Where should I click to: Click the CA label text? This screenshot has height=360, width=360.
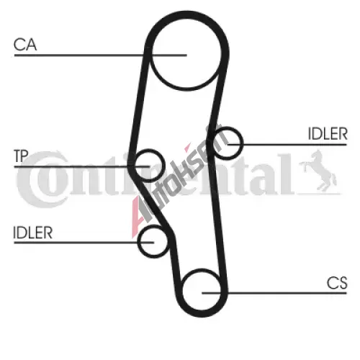point(25,45)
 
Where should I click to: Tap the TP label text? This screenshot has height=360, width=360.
point(21,156)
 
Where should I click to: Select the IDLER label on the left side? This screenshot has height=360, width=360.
point(32,233)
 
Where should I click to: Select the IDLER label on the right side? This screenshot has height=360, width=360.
point(328,134)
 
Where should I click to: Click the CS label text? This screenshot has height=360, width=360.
point(337,283)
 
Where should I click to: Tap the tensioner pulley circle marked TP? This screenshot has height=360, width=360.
point(163,165)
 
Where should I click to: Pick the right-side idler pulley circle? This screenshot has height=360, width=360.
point(241,143)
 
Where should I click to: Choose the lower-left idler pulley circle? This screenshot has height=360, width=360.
point(138,242)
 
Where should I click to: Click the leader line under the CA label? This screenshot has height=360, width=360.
point(101,55)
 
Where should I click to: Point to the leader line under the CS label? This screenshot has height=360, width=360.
point(274,293)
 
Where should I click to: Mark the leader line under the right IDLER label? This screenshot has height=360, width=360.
point(287,145)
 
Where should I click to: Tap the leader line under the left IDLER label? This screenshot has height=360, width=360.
point(84,243)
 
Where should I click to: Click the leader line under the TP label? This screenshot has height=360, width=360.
point(82,166)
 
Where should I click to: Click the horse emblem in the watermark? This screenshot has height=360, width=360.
point(318,171)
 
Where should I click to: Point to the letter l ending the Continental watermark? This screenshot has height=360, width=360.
point(289,174)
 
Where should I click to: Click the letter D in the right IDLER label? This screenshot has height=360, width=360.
point(318,134)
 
